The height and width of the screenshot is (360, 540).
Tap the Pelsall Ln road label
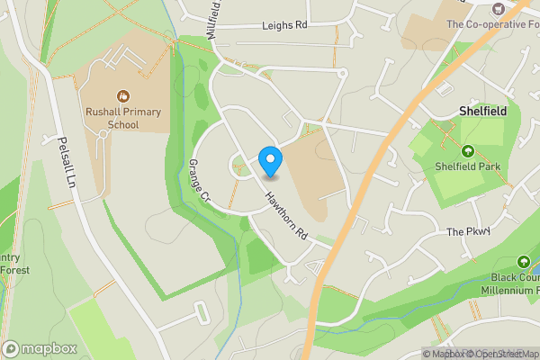(x=65, y=162)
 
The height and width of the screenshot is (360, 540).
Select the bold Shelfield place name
(x=483, y=111)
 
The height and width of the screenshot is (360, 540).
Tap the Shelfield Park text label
(x=468, y=166)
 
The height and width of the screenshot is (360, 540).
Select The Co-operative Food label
(x=493, y=22)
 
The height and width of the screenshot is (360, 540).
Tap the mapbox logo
(x=40, y=348)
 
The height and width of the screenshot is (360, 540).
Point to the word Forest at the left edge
(x=14, y=270)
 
